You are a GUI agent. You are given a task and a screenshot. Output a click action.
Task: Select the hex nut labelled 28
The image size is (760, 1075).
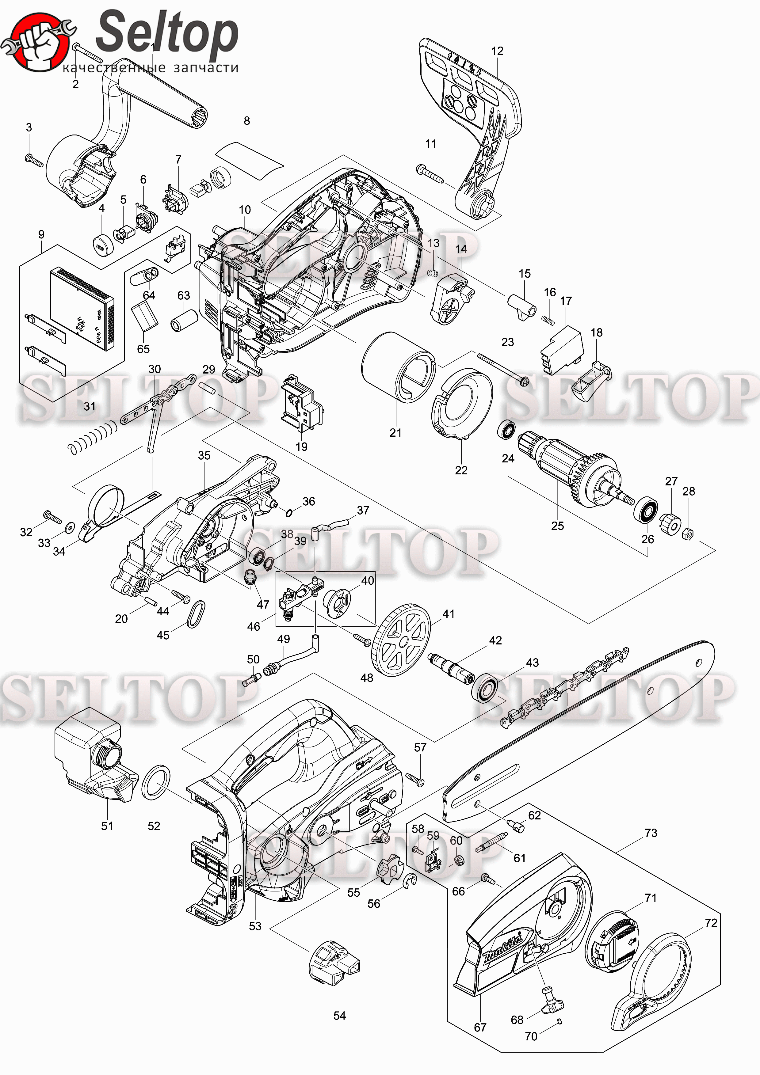pos(688,533)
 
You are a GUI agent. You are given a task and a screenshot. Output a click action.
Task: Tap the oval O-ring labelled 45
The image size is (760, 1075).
pos(196,614)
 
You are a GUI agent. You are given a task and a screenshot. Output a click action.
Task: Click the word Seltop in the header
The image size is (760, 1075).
pos(167,33)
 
